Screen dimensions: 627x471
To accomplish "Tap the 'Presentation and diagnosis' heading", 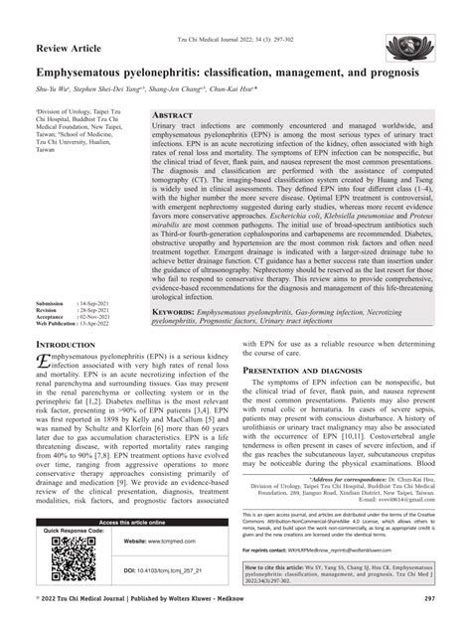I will (306, 370).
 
